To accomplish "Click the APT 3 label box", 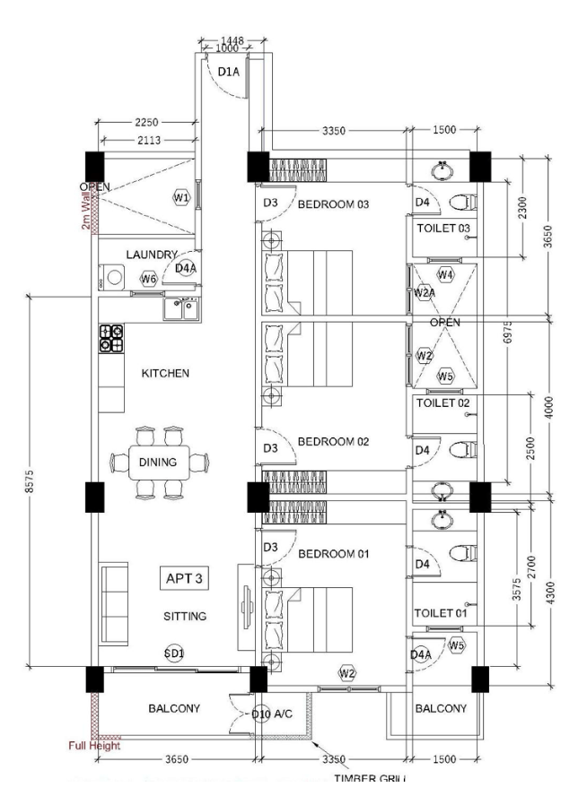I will click(184, 578).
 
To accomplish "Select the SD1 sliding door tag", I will click(174, 653).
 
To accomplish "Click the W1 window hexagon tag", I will click(181, 197).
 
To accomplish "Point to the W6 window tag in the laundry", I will click(149, 279).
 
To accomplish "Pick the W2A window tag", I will click(424, 292).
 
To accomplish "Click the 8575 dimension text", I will click(31, 480).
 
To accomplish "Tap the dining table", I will click(158, 463).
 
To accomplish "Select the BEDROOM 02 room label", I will click(333, 442).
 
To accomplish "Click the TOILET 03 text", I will click(443, 229).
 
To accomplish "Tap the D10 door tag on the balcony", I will click(260, 714).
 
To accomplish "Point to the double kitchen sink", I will click(183, 307).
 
